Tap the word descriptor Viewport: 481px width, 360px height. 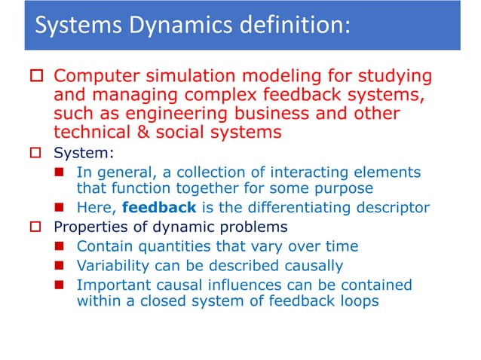[x=385, y=207]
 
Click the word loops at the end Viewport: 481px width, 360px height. [x=357, y=301]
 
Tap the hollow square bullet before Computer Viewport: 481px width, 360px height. [x=34, y=77]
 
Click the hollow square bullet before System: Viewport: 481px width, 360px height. [x=34, y=153]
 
